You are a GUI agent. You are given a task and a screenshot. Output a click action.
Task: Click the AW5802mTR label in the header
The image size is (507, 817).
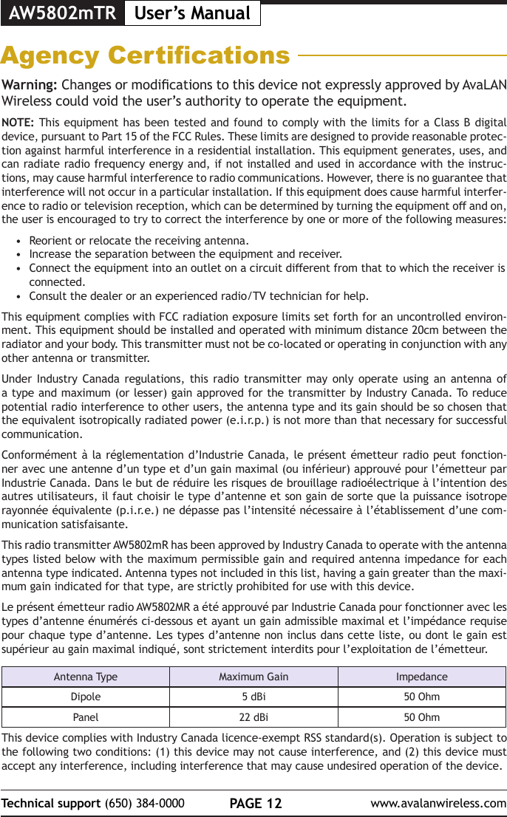[x=62, y=13]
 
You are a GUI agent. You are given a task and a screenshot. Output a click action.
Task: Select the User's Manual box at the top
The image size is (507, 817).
[x=192, y=13]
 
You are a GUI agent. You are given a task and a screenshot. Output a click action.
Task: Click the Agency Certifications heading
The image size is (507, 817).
[x=146, y=55]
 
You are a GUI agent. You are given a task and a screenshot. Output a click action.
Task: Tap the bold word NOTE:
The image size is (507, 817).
[x=17, y=122]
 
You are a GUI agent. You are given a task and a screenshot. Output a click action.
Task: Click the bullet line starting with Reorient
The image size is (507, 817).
[x=138, y=241]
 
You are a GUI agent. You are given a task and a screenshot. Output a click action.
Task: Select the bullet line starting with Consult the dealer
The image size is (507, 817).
[x=199, y=296]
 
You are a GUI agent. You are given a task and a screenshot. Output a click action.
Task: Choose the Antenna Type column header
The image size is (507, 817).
[x=86, y=677]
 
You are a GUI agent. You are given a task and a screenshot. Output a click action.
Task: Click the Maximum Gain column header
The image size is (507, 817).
[x=253, y=677]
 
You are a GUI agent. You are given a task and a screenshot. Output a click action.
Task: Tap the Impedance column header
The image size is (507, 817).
[x=421, y=677]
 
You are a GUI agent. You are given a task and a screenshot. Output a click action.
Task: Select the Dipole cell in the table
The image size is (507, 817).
[x=86, y=697]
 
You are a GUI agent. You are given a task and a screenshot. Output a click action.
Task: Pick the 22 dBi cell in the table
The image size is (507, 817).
[x=253, y=717]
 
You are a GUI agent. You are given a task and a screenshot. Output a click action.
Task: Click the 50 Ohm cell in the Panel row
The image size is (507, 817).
[x=421, y=717]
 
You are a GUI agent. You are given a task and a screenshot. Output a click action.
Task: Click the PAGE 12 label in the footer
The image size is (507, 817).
[x=254, y=803]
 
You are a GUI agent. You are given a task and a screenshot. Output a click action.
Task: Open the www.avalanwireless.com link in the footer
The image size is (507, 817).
[x=438, y=803]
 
